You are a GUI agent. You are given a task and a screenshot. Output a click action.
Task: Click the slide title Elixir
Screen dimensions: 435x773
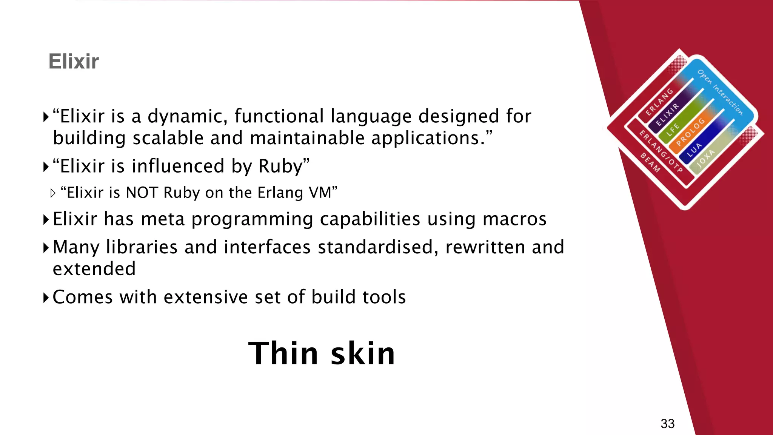tap(74, 62)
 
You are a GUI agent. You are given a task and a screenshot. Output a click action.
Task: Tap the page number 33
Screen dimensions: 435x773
tap(667, 424)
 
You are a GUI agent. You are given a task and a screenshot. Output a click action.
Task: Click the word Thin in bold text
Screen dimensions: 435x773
tap(283, 353)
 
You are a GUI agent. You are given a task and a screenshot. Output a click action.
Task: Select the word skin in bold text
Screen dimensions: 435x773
tap(363, 353)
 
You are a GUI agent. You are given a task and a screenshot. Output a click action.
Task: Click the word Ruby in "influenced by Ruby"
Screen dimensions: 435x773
tap(280, 166)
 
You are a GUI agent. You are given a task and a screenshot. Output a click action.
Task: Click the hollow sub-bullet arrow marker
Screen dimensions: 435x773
tap(53, 193)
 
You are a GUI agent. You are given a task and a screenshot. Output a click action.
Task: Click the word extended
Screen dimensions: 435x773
tap(94, 269)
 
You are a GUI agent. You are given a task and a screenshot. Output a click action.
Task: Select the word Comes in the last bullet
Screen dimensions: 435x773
tap(83, 297)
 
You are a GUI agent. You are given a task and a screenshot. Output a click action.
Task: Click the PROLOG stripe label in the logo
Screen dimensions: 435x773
tap(690, 132)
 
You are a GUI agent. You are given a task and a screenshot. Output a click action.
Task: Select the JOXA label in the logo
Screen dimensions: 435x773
tap(705, 158)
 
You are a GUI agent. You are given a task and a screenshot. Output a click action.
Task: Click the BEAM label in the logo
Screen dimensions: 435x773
tap(650, 163)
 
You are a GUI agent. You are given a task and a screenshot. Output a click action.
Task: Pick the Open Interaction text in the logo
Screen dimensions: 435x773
tap(720, 92)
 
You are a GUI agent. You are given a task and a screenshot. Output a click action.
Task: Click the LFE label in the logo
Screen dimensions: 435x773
tap(673, 130)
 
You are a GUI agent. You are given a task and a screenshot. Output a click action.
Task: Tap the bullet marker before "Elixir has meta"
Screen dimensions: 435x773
tap(46, 219)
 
